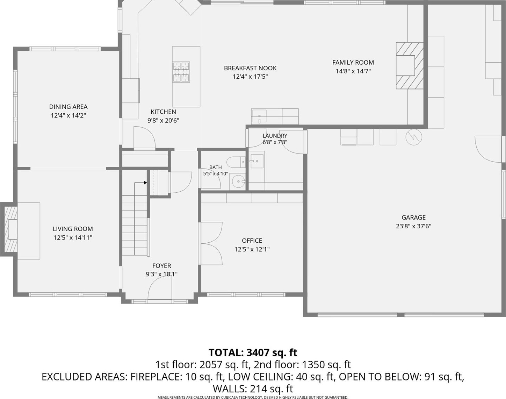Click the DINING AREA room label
coord(68,107)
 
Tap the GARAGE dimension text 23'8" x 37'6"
coord(414,226)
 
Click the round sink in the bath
coord(238,181)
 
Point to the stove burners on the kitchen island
coord(181,72)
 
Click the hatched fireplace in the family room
coord(410,65)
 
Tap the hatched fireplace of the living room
coord(10,229)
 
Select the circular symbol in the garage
coord(414,137)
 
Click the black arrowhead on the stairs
coord(145,183)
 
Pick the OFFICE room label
coord(252,241)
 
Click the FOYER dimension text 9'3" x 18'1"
coord(161,274)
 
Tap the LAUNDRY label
coord(275,136)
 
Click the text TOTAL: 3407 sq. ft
coord(253,352)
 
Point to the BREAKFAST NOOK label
coord(250,68)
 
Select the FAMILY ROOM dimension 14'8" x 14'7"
coord(353,71)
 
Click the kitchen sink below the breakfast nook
coord(259,116)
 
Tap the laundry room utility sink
coord(257,161)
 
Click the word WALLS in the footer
coord(230,389)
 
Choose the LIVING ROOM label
coord(73,229)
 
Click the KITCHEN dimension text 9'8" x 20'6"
coord(163,120)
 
